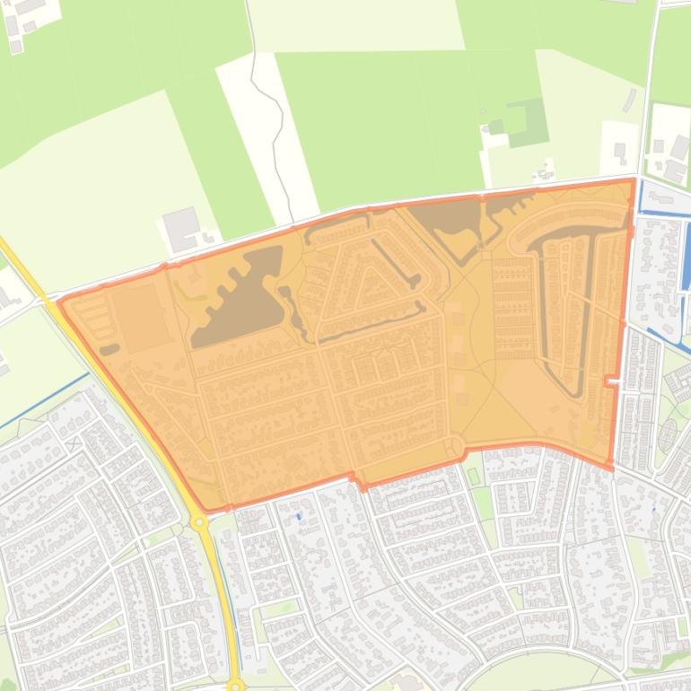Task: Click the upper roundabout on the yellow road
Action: tap(199, 521)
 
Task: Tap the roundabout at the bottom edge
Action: tap(235, 686)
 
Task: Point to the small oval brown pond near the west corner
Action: tap(109, 349)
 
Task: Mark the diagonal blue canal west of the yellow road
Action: tap(45, 399)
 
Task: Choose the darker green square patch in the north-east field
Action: tap(527, 122)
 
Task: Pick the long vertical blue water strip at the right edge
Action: tap(687, 260)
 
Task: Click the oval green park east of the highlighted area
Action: tap(669, 436)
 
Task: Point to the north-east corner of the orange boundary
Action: tap(634, 180)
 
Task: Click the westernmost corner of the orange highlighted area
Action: tap(58, 302)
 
